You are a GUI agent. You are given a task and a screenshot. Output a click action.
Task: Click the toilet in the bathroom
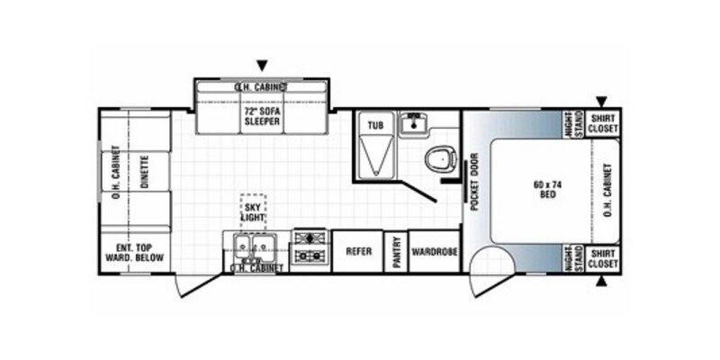[x=441, y=159]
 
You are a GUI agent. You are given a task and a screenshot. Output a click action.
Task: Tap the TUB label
[x=375, y=125]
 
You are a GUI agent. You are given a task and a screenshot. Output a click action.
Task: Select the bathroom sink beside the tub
[x=414, y=124]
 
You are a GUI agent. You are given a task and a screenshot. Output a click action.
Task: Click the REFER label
[x=358, y=252]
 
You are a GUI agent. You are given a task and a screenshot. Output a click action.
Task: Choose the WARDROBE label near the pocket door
[x=435, y=252]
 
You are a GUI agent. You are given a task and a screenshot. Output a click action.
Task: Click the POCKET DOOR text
[x=474, y=182]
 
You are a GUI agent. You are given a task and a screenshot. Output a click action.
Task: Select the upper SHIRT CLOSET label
[x=602, y=123]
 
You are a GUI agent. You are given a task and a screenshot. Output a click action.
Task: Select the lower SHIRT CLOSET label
[x=602, y=259]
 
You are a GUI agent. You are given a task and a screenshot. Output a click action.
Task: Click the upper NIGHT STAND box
[x=572, y=124]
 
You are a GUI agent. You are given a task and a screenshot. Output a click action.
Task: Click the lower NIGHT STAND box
[x=572, y=258]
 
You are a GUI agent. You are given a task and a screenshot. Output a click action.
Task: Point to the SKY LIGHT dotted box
[x=253, y=211]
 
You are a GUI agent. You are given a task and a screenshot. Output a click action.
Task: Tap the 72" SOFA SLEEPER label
[x=262, y=117]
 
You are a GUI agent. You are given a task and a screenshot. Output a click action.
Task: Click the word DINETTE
[x=144, y=172]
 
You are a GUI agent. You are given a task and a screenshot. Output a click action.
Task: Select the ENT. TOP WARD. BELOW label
[x=134, y=253]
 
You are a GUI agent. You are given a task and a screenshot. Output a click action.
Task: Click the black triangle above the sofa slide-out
[x=262, y=66]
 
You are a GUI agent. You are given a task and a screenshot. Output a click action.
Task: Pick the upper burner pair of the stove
[x=310, y=238]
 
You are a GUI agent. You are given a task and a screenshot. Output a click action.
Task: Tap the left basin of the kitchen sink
[x=241, y=243]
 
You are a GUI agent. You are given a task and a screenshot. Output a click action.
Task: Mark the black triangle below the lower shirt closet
[x=601, y=281]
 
